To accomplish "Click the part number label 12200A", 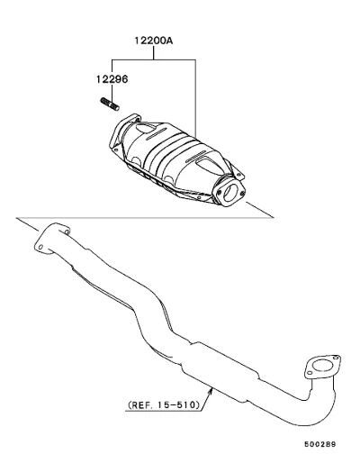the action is point(154,41).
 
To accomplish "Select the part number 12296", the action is point(112,79).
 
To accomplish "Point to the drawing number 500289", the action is point(320,444).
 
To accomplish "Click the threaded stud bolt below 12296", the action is point(110,104).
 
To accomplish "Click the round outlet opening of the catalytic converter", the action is point(231,192).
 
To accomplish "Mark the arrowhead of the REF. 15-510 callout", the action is point(211,391).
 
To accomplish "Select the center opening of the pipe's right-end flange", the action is point(323,367).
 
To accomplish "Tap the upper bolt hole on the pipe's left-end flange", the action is point(67,232).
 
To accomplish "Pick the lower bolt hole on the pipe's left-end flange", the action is point(40,247).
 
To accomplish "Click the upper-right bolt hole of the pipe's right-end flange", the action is point(337,358).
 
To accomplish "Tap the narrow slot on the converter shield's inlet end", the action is point(157,133).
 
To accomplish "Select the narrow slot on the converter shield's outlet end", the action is point(196,157).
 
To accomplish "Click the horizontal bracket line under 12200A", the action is point(154,59).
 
